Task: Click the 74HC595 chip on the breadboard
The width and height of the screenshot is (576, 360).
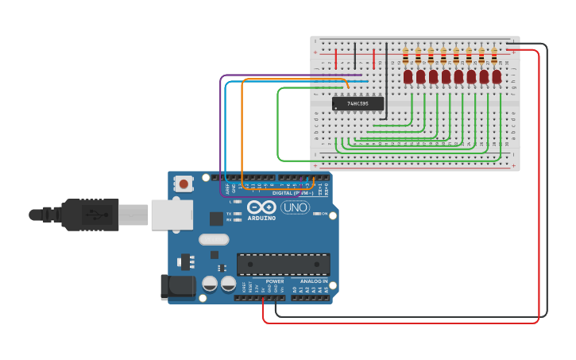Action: click(x=358, y=103)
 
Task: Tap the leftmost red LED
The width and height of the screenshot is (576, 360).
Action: click(x=408, y=77)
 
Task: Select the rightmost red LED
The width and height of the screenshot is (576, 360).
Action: click(x=497, y=77)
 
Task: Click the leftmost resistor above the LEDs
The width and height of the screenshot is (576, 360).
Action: click(x=406, y=56)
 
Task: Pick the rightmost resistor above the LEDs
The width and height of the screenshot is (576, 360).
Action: click(x=494, y=56)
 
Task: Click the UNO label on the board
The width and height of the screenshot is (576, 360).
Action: click(x=295, y=208)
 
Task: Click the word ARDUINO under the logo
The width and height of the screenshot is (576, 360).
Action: click(x=261, y=218)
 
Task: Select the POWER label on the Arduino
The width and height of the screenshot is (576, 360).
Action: click(x=275, y=281)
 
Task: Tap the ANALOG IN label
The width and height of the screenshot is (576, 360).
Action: click(x=314, y=281)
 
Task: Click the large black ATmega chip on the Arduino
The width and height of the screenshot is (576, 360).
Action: click(x=284, y=264)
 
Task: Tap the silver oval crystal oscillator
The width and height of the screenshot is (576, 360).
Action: click(x=214, y=239)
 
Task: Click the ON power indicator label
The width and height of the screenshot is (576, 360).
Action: click(x=325, y=214)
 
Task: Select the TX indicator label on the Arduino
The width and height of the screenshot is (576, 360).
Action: click(x=229, y=214)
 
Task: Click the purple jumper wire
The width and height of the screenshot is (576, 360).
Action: click(x=221, y=135)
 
